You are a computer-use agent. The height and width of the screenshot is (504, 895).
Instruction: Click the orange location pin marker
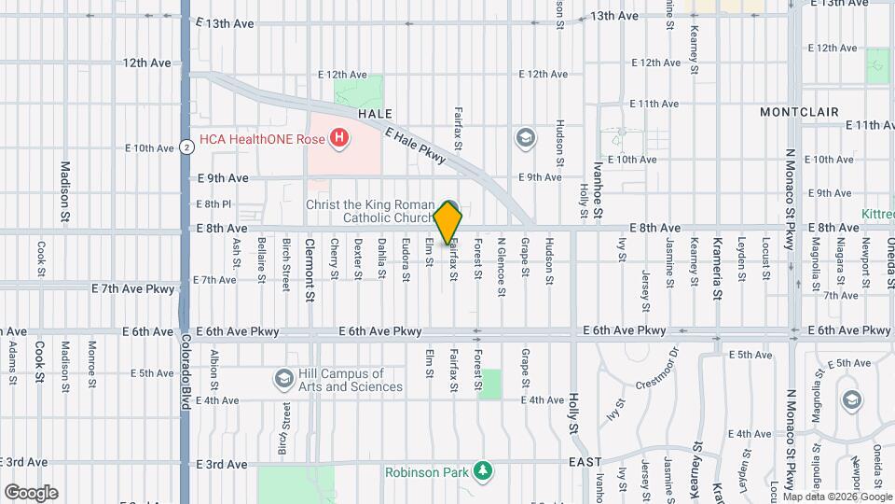[448, 222]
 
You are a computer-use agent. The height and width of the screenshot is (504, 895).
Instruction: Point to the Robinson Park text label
[427, 472]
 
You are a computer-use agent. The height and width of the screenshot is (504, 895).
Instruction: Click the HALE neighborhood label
[375, 113]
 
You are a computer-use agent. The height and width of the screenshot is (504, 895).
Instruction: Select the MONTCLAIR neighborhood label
[799, 112]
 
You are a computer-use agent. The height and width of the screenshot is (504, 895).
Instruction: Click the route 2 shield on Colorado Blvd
[187, 147]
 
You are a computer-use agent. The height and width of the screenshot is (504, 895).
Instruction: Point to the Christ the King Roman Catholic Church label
[371, 211]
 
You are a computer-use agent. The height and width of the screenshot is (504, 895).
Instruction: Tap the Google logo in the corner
[31, 492]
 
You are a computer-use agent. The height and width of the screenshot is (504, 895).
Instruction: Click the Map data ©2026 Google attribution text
[843, 497]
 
